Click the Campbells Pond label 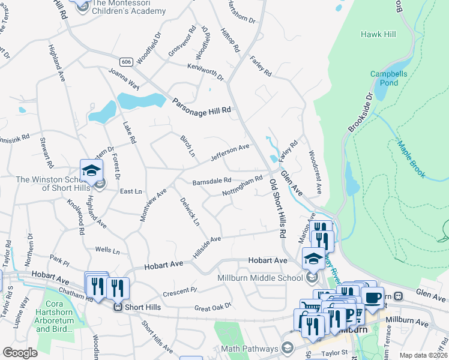(384, 78)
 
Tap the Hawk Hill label (378, 34)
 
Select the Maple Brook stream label (411, 158)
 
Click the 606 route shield (125, 62)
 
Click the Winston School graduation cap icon (92, 170)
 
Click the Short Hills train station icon (119, 306)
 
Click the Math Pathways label (249, 349)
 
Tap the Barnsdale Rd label (211, 181)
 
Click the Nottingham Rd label (243, 186)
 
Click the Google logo (20, 353)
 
